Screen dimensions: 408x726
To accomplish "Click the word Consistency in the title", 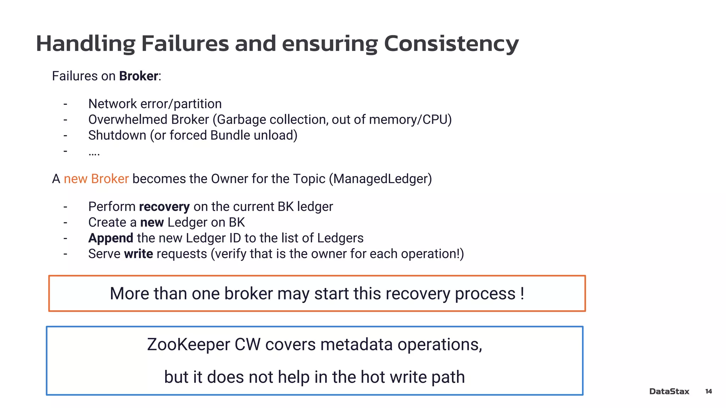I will click(451, 44).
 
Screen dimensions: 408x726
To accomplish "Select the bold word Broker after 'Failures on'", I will click(138, 76).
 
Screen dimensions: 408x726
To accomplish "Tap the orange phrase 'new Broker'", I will click(96, 179).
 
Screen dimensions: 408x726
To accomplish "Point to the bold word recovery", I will click(164, 207).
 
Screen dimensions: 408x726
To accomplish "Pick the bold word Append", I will click(111, 238).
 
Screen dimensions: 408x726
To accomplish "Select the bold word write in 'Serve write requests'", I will click(138, 254).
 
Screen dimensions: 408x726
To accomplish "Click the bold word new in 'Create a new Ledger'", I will click(152, 222).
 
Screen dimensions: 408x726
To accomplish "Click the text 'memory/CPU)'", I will click(410, 120).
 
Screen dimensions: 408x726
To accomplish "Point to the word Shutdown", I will click(117, 135).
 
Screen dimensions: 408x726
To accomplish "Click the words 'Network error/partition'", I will click(155, 104).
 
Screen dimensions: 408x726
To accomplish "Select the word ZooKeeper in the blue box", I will click(188, 345).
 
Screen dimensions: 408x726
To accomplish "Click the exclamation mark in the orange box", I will click(522, 293).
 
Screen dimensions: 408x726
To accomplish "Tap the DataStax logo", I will click(669, 391).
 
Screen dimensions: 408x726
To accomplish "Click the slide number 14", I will click(708, 391).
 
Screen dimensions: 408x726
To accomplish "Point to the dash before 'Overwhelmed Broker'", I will click(65, 120).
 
